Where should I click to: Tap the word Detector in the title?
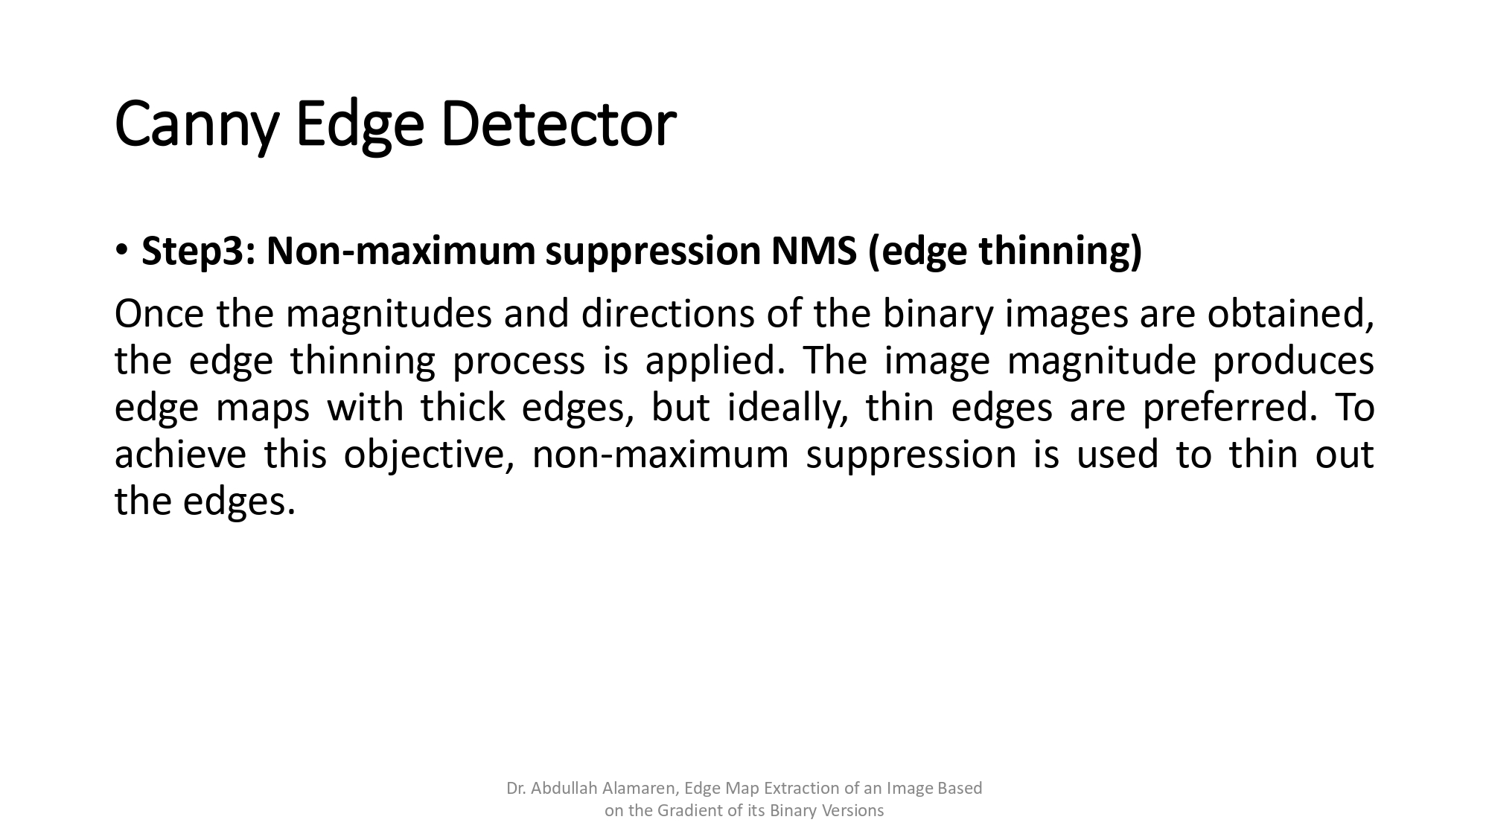pyautogui.click(x=558, y=124)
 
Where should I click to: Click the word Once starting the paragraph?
pyautogui.click(x=159, y=314)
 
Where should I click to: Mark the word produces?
pyautogui.click(x=1293, y=361)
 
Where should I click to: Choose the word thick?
pyautogui.click(x=462, y=408)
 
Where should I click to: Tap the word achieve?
pyautogui.click(x=180, y=455)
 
